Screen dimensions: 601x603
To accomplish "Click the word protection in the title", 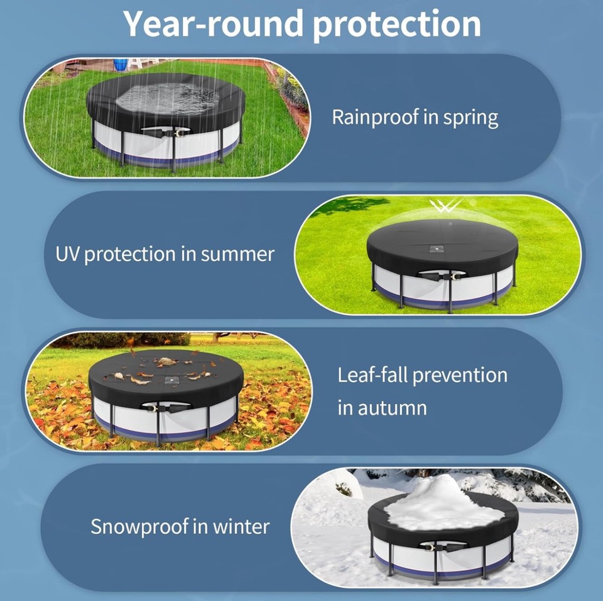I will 395,25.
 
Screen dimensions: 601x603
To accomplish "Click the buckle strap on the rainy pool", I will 165,133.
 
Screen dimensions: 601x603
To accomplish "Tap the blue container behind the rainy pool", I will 120,64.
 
